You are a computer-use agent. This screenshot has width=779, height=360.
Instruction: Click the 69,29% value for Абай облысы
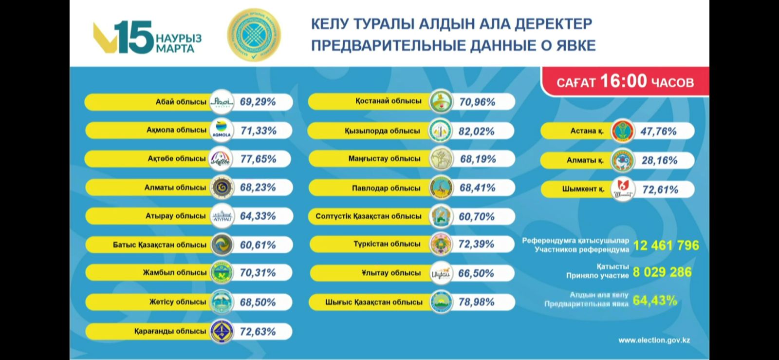[258, 102]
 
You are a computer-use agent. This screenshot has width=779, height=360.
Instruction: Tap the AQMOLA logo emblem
[222, 131]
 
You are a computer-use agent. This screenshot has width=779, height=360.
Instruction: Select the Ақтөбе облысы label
[177, 159]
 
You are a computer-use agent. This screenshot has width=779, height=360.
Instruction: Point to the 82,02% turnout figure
[476, 131]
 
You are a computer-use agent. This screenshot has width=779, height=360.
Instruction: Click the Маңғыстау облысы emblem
[441, 159]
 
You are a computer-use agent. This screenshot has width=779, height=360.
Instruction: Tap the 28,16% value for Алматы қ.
[659, 160]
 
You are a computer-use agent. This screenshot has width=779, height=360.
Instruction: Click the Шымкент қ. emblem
[623, 189]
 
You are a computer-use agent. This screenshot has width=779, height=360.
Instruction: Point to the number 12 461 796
[666, 246]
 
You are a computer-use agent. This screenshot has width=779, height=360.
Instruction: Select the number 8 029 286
[662, 272]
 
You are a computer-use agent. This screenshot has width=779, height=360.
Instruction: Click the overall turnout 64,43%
[655, 301]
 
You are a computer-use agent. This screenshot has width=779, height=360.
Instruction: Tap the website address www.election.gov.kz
[654, 341]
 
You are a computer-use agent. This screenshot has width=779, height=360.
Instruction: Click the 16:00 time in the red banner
[623, 81]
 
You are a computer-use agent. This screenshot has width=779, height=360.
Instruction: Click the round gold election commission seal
[254, 35]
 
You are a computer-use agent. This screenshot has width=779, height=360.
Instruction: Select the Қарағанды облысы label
[170, 331]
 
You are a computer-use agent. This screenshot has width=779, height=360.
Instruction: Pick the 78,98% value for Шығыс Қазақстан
[476, 302]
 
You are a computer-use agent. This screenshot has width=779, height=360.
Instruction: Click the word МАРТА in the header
[175, 49]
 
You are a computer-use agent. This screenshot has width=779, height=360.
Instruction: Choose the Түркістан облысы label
[387, 244]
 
